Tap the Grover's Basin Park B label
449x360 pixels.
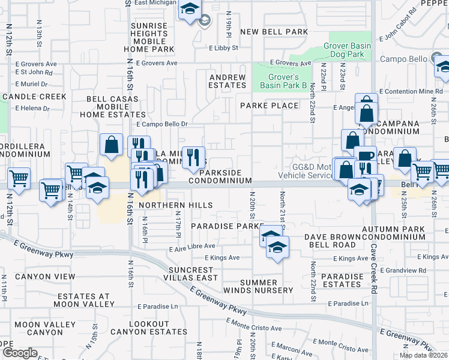279,82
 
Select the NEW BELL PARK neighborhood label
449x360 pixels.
274,32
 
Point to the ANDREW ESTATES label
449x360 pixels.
228,82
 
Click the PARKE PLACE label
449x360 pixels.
269,106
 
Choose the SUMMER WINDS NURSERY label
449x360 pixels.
267,286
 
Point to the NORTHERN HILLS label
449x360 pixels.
175,205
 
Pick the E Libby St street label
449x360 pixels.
223,47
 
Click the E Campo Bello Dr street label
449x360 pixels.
162,124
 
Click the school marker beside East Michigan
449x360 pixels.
190,10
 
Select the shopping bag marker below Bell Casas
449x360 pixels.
111,145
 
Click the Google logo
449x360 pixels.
19,353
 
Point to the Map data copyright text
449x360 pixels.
423,355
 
